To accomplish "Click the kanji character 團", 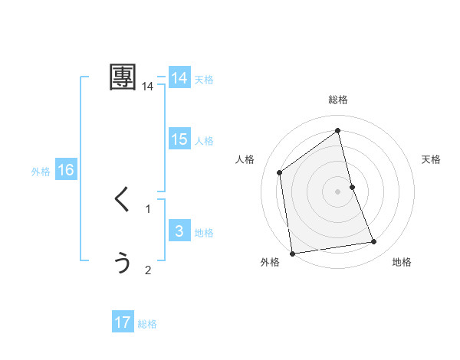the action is tap(123, 77).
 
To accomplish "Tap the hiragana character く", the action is tap(122, 200).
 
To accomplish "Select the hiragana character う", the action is tap(123, 263).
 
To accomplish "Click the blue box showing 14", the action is tap(179, 78).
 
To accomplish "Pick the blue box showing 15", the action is tap(179, 139).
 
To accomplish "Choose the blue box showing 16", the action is tap(65, 170).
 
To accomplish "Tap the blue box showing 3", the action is tap(179, 231).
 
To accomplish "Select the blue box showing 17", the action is tap(123, 322).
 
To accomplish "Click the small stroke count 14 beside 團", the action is tap(148, 87).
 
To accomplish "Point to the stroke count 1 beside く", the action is tap(148, 208).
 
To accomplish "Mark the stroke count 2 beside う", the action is tap(148, 270).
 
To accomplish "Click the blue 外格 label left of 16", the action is tap(41, 172).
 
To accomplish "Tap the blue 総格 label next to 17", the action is tap(147, 324).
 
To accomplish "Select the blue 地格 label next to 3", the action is tap(204, 233).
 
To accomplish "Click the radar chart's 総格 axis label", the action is tap(338, 100).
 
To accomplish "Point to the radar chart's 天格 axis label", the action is tap(432, 159).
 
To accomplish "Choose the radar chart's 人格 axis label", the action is tap(245, 159).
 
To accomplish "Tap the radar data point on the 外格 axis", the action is tap(292, 253).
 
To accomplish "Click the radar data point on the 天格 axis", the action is tap(352, 186).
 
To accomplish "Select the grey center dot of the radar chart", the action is tap(338, 191).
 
